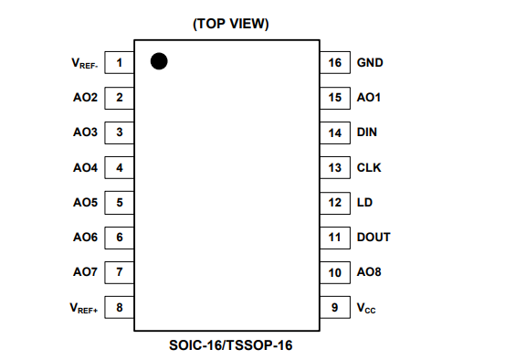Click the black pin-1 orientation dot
click(159, 61)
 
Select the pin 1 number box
click(120, 63)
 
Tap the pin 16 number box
click(334, 63)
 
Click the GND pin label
click(370, 63)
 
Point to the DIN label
click(367, 132)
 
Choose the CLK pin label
click(368, 167)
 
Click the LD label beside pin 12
click(364, 202)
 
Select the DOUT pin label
click(374, 237)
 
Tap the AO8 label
click(369, 272)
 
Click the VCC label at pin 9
click(366, 308)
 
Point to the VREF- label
click(85, 64)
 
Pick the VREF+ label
click(85, 308)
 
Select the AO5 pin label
click(85, 202)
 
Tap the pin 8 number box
click(120, 307)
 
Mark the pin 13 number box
click(334, 167)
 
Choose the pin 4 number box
click(120, 167)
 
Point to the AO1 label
click(369, 98)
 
